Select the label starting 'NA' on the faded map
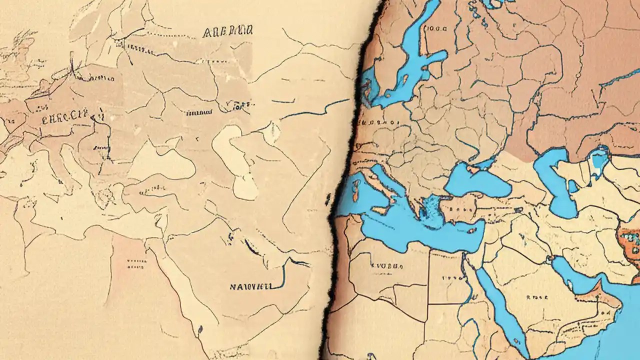pos(251,286)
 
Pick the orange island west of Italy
pos(355,190)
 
